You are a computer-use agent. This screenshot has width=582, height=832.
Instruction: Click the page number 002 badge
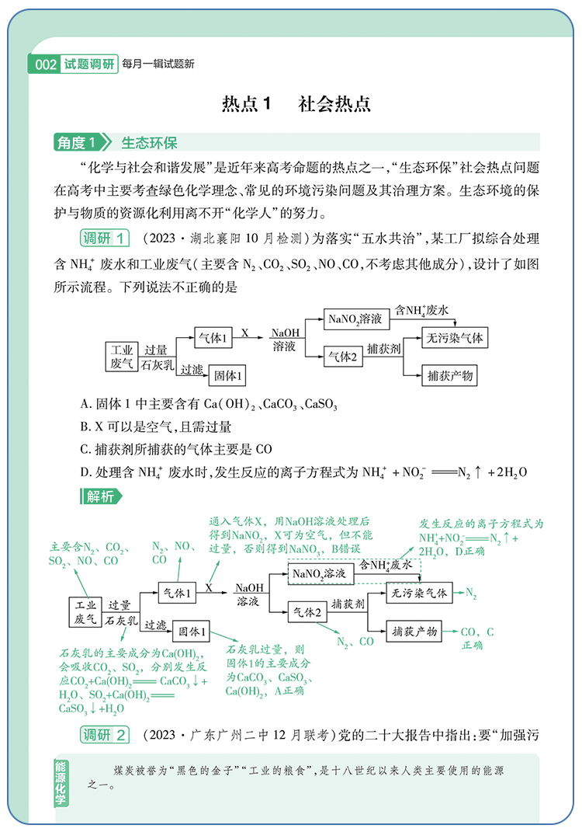47,64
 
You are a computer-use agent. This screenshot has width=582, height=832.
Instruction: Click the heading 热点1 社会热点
296,105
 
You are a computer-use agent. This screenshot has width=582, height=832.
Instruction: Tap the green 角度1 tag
80,143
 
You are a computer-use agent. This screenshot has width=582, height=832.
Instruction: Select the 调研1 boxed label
106,238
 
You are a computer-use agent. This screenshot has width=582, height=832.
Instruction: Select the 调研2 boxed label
106,734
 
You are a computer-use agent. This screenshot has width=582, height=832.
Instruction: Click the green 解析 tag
99,496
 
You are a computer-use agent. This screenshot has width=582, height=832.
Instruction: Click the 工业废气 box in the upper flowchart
122,356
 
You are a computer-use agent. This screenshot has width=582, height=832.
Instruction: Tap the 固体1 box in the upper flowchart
229,375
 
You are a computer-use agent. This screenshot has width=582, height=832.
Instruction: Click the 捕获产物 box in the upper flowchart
450,376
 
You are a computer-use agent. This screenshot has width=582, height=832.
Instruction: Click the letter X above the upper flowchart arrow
244,332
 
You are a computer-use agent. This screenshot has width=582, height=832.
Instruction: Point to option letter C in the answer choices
85,449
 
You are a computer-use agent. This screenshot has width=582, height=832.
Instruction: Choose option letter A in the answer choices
85,404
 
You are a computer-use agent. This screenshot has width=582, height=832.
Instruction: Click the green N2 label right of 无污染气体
471,594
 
